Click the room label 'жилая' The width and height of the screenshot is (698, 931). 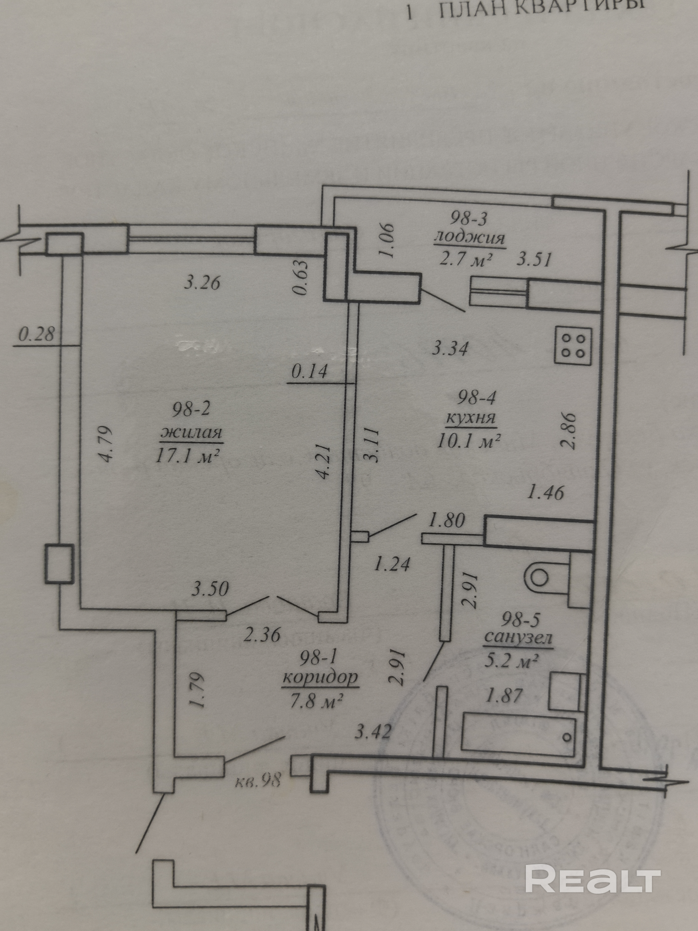[191, 433]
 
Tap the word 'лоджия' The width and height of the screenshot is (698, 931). [469, 239]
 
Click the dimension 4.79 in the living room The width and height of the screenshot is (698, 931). [104, 445]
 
